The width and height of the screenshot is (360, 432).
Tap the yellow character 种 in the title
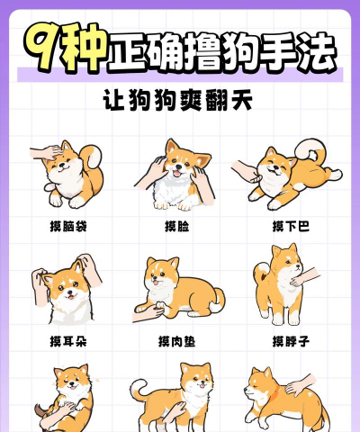click(84, 48)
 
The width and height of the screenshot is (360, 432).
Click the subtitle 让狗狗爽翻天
click(177, 100)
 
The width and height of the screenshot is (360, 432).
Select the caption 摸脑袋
click(68, 226)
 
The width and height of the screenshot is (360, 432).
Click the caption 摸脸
click(177, 226)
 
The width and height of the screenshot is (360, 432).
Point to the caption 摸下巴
click(291, 226)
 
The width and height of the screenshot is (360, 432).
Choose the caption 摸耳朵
click(68, 341)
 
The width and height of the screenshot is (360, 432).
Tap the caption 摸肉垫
click(177, 341)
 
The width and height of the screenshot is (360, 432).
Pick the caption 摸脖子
click(291, 341)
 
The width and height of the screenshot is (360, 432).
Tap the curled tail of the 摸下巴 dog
click(311, 150)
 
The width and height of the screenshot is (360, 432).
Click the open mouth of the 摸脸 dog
click(177, 174)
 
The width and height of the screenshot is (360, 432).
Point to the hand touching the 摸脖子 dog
click(304, 277)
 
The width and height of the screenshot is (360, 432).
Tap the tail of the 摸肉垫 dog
click(218, 301)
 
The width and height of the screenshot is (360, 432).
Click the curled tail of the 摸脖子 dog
click(262, 272)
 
